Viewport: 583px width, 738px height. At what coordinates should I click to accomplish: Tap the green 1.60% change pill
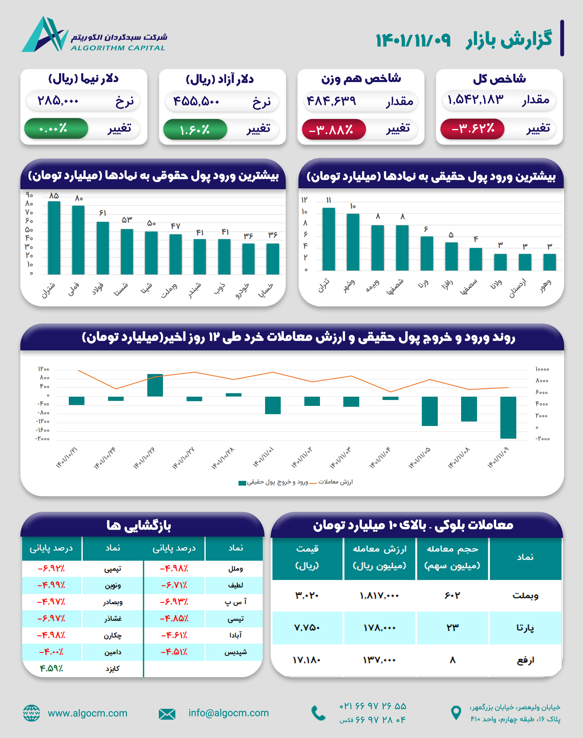(x=195, y=129)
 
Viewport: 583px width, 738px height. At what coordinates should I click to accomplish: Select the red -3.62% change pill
(x=472, y=129)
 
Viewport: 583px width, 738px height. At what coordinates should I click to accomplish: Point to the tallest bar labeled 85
(x=54, y=238)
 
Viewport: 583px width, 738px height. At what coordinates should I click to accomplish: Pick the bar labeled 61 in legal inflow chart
(x=103, y=248)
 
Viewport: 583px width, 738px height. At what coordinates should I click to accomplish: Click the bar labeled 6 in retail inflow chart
(x=427, y=253)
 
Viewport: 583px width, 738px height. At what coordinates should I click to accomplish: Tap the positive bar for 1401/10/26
(x=155, y=385)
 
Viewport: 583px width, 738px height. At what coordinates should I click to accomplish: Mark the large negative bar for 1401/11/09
(x=508, y=417)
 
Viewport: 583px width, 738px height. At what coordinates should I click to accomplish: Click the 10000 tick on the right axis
(x=542, y=369)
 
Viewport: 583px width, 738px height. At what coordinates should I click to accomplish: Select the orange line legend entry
(x=331, y=482)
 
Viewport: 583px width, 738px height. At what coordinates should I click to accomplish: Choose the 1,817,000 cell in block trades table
(x=379, y=596)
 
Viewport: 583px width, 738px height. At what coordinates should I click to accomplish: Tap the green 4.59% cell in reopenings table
(x=52, y=668)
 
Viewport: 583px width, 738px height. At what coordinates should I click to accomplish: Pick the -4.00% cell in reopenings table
(x=52, y=652)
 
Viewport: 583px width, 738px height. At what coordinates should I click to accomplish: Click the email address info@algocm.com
(x=228, y=713)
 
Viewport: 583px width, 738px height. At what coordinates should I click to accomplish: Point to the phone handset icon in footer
(x=319, y=713)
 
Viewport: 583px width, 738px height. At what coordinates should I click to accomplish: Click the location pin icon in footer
(x=456, y=713)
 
